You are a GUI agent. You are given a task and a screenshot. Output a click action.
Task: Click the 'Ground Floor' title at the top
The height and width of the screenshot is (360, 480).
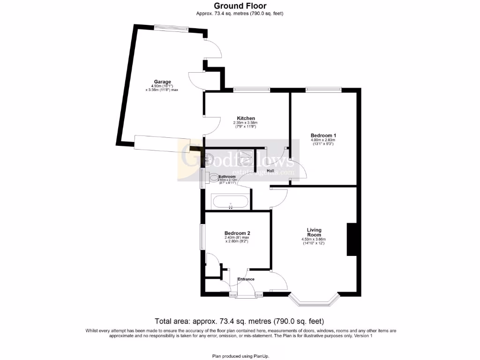[240, 6]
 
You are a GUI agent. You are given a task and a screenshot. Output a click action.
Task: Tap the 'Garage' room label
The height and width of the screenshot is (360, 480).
[163, 82]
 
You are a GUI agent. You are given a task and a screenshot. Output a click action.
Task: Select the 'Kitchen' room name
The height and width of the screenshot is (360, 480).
[246, 118]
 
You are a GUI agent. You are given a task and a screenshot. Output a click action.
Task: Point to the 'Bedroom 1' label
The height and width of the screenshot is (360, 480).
[323, 135]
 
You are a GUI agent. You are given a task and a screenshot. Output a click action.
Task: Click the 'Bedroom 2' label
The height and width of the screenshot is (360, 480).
[237, 233]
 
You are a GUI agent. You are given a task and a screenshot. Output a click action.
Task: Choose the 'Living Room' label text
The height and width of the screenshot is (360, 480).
[314, 232]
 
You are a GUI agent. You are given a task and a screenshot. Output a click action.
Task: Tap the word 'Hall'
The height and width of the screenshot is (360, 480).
[270, 171]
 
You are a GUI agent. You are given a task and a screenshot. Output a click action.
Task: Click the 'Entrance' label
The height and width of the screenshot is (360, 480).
[246, 279]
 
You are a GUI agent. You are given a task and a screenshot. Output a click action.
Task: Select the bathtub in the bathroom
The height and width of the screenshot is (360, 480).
[231, 202]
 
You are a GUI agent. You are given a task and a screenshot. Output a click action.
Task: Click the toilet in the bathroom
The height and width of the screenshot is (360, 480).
[213, 178]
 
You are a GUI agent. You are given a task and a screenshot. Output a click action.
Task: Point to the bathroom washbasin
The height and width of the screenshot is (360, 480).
[209, 160]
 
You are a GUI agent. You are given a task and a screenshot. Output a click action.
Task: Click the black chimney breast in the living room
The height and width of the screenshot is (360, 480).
[351, 239]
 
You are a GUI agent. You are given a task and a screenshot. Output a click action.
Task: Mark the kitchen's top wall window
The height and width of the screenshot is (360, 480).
[252, 89]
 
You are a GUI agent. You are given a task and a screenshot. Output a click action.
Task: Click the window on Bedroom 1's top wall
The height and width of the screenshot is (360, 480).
[323, 89]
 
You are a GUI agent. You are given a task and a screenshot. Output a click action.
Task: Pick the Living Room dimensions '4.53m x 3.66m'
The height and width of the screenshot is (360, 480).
[314, 240]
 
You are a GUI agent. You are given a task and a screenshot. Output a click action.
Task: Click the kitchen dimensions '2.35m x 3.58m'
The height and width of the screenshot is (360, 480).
[246, 123]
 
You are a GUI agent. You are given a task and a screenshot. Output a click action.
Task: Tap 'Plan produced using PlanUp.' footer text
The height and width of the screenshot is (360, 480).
[240, 356]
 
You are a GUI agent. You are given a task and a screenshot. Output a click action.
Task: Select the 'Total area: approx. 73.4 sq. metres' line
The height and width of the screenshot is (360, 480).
[240, 321]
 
